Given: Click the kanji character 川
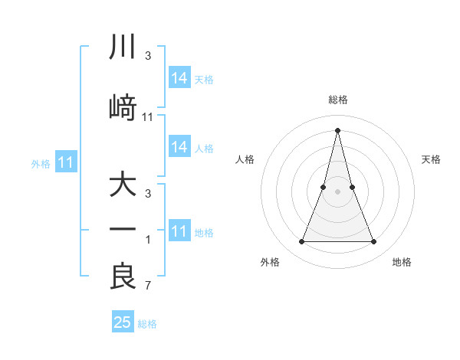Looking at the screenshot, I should (x=123, y=47).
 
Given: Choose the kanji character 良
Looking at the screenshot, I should (x=123, y=277).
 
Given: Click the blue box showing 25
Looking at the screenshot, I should (x=123, y=322).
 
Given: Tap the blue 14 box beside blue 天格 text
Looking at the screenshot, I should (x=179, y=78).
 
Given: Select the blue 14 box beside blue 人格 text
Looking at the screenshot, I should (x=179, y=147).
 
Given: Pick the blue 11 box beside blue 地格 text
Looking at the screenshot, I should (x=179, y=231).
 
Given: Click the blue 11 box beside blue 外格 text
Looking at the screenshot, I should (x=67, y=162).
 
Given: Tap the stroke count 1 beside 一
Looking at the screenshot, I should (x=148, y=241).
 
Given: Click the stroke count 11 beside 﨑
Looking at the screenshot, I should (x=148, y=116).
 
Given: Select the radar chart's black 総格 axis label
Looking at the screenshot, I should (x=337, y=100).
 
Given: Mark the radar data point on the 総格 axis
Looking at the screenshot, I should (x=337, y=129).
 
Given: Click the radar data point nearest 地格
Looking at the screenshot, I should (x=373, y=242).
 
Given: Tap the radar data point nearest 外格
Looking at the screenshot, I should (x=301, y=242).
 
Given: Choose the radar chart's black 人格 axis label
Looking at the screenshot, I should (x=245, y=159).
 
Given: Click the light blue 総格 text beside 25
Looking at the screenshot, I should (x=147, y=324).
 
